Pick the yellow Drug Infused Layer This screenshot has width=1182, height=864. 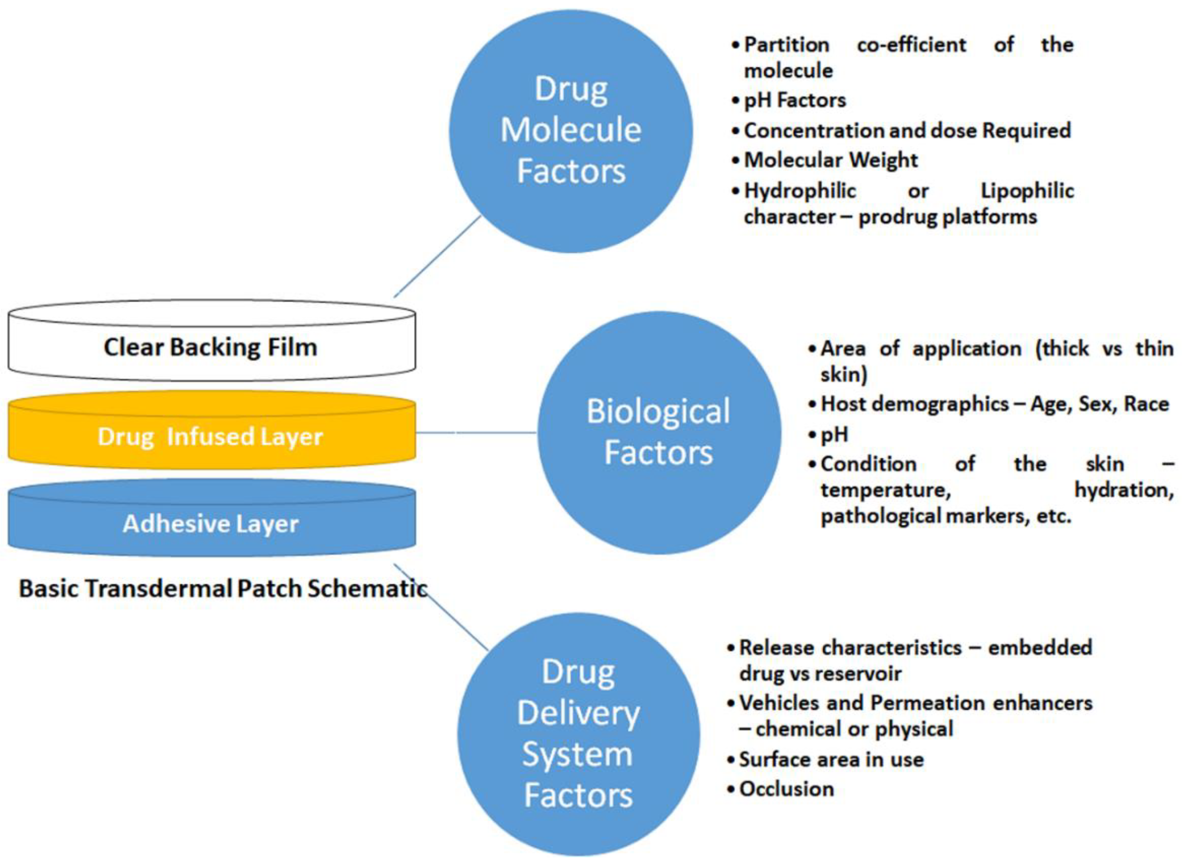coord(211,436)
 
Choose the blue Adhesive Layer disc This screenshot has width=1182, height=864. coord(211,523)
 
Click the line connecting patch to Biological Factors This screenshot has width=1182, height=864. coord(476,433)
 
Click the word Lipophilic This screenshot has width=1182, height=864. coord(1027,191)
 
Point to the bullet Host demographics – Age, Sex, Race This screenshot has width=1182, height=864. coord(994,404)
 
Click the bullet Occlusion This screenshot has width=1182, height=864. coord(786,789)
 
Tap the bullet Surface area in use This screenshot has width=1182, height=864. coord(831,759)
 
